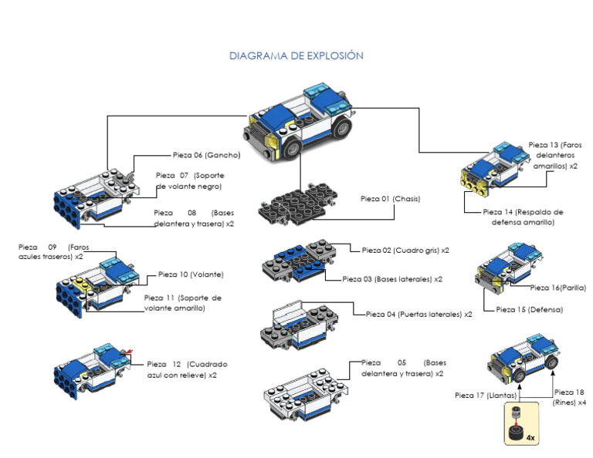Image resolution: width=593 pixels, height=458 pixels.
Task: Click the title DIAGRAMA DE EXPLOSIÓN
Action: [296, 56]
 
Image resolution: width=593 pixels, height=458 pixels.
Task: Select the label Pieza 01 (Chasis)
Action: [390, 199]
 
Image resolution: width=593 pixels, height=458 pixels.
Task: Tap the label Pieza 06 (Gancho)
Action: [206, 155]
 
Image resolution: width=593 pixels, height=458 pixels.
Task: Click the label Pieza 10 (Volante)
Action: [185, 274]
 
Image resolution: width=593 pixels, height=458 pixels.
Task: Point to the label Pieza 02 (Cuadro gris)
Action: [405, 251]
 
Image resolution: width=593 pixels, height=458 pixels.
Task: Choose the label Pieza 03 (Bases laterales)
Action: [392, 279]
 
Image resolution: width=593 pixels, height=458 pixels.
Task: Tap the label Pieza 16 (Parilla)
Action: [557, 288]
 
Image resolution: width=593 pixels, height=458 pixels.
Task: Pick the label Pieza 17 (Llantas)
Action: [486, 396]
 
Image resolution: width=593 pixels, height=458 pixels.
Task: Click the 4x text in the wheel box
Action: [530, 437]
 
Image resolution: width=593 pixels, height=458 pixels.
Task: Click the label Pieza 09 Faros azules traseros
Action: [51, 251]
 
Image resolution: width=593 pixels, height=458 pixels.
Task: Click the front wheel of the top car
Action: [293, 148]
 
